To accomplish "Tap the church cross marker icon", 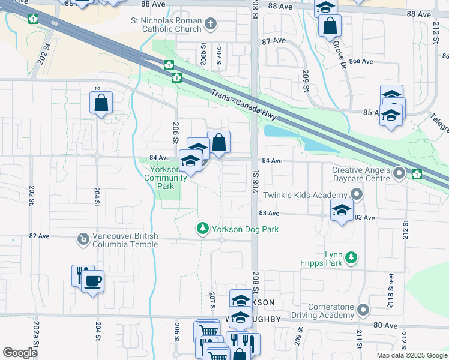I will coord(210,25).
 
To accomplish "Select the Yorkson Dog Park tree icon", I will coord(203,229).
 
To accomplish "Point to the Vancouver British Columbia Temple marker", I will coord(83,240).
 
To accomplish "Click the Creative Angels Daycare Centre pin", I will coord(400,175).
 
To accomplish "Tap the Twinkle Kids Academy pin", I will coord(357,195).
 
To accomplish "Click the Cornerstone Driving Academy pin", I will coord(363,310).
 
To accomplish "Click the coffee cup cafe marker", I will coord(92,281).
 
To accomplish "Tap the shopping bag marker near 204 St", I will coord(101,103).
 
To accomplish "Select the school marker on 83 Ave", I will coord(342,211).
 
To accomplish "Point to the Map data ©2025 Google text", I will coord(411,355).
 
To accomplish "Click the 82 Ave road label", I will coord(39,236).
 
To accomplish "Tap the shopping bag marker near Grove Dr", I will coord(330,26).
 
